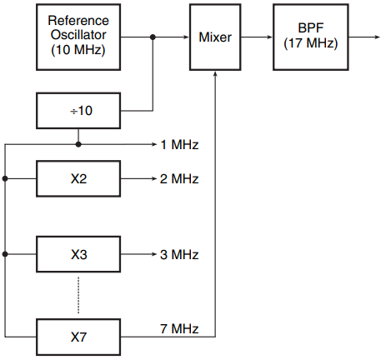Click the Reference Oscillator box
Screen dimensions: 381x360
pos(78,37)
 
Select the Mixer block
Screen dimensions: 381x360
pos(215,37)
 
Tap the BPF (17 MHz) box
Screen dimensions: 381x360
pos(311,37)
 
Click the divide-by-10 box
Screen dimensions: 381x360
pos(78,111)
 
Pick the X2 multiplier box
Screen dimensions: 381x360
pos(78,178)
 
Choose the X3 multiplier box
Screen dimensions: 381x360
pos(78,254)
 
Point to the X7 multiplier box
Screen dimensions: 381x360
pos(78,337)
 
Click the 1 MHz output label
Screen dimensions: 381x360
pos(179,145)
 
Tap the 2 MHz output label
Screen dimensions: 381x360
pos(179,178)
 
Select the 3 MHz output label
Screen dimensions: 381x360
pos(179,254)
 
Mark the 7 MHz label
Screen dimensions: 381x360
pos(179,328)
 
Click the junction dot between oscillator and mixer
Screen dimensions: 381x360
pos(153,37)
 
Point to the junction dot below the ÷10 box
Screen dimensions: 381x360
pos(78,144)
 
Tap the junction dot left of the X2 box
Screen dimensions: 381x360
pos(5,178)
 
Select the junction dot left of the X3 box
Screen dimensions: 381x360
pos(5,254)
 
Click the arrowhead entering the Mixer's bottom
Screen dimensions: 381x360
pos(215,74)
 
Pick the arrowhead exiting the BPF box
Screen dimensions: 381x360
pos(378,37)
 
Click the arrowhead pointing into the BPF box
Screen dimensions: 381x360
pos(270,37)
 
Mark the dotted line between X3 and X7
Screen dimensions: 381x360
pos(78,295)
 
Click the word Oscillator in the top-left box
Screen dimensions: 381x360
pos(78,35)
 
